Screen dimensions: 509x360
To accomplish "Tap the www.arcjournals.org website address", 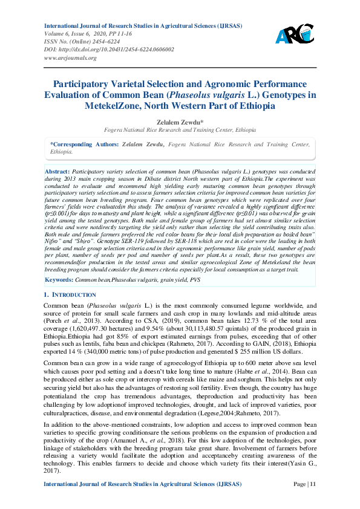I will [70, 58].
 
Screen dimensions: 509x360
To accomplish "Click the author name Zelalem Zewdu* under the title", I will [180, 121].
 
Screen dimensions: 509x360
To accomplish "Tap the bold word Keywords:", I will [59, 280].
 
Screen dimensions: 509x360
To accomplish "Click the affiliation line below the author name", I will [180, 130].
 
